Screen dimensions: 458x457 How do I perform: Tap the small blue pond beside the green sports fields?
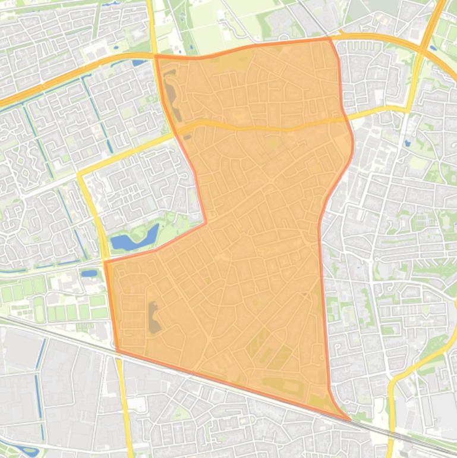coord(90,274)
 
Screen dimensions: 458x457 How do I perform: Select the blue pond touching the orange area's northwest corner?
coord(140,62)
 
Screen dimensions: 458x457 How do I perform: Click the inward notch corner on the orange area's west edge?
coord(206,223)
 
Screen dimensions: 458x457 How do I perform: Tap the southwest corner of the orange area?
coord(117,350)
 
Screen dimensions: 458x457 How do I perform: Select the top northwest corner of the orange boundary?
coord(156,57)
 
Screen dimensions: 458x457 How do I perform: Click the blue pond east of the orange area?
coord(407,143)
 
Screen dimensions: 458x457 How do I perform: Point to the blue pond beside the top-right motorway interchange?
coord(432,48)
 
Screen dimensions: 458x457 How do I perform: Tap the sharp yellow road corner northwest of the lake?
coord(79,175)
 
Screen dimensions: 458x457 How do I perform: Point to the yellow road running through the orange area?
coord(261,127)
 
